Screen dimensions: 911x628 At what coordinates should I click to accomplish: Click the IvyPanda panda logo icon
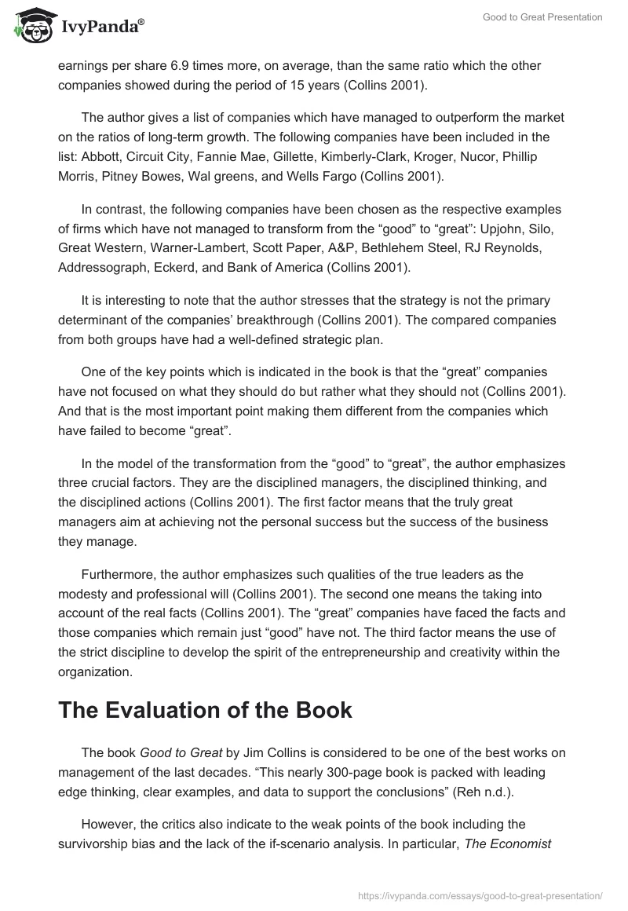point(30,27)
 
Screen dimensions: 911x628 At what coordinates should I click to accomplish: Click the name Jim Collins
point(250,753)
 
